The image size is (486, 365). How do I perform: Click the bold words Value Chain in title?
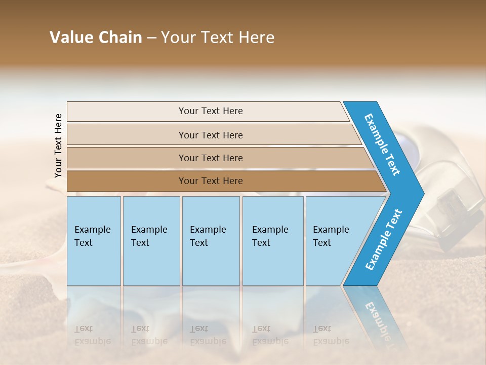pos(96,38)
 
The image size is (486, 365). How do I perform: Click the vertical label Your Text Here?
pos(58,145)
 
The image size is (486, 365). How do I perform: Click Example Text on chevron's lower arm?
pos(384,239)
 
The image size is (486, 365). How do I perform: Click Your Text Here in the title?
pos(218,38)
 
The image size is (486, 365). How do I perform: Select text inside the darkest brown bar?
pos(211,181)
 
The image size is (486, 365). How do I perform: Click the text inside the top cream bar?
pos(211,111)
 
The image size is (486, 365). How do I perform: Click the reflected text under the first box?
pos(92,335)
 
